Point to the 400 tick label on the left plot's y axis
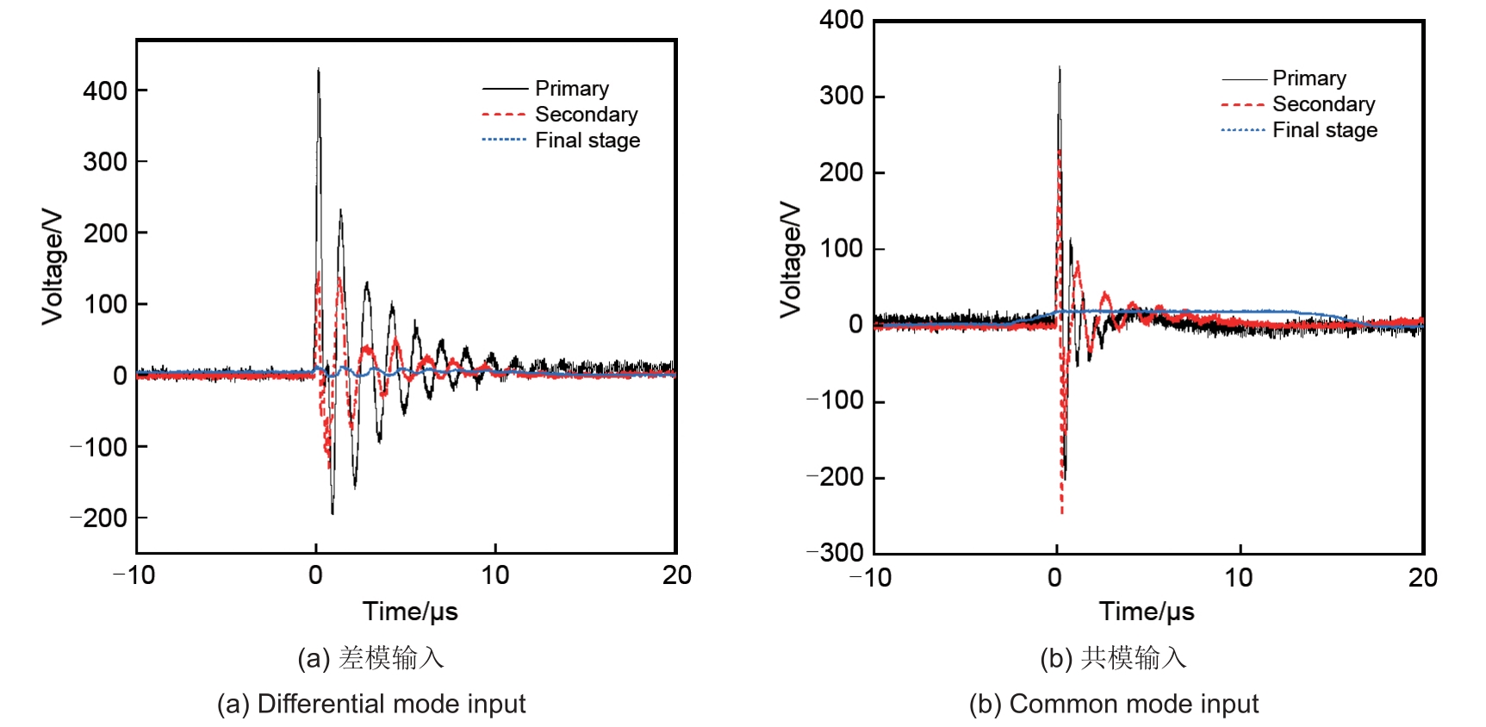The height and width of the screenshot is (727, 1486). (x=105, y=90)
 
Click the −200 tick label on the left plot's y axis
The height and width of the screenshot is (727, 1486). (x=99, y=519)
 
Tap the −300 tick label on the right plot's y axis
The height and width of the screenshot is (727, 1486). (x=836, y=552)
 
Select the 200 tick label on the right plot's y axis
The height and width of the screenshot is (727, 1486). (x=842, y=172)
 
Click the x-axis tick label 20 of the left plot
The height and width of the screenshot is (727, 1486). (x=677, y=575)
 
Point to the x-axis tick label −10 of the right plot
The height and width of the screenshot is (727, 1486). (x=871, y=577)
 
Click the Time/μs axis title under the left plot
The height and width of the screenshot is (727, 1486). (x=410, y=612)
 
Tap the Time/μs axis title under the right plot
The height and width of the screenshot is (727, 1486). (x=1147, y=612)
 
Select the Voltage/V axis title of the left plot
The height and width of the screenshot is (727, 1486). (x=53, y=266)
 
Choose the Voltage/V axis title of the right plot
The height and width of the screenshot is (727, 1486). (x=790, y=260)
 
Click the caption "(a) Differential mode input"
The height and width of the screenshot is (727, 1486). (x=371, y=704)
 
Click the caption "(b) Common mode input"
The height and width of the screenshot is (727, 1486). (x=1113, y=704)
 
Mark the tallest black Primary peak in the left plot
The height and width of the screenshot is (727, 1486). (x=319, y=70)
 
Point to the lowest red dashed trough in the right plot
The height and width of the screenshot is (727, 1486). (x=1061, y=512)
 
